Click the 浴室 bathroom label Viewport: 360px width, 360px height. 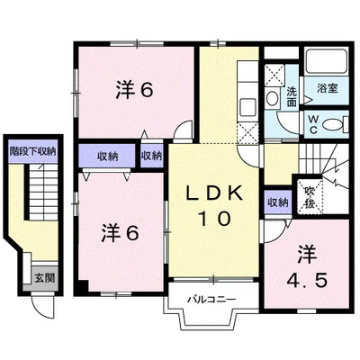(x=328, y=88)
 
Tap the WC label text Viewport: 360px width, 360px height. (x=313, y=125)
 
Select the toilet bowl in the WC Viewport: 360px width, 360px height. (x=333, y=124)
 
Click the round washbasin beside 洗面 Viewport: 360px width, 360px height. (x=273, y=98)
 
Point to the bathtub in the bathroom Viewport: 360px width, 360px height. (x=327, y=60)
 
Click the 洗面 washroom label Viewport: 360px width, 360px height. (x=292, y=96)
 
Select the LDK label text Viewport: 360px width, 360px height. (x=214, y=194)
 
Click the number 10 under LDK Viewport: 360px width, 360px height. (x=215, y=218)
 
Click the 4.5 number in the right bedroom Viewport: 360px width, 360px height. (x=306, y=281)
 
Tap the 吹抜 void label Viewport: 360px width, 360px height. (x=310, y=198)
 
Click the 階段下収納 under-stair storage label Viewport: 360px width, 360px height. (x=33, y=151)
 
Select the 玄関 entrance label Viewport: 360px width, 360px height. (x=45, y=278)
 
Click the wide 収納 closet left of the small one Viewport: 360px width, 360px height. (x=107, y=157)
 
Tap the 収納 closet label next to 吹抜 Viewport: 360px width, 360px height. (x=278, y=203)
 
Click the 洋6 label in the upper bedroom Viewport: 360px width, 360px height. (x=135, y=90)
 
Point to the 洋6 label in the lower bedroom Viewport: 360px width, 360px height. (x=120, y=233)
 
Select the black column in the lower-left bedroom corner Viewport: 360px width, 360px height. (x=82, y=288)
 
